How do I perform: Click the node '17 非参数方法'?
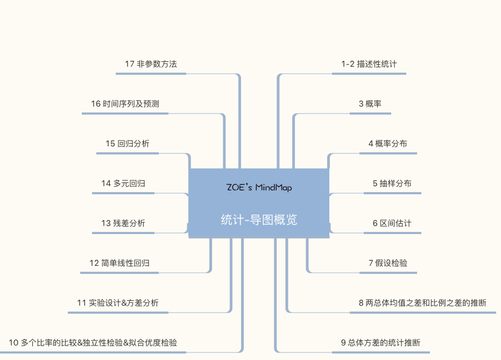tap(151, 64)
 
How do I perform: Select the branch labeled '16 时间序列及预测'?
tap(125, 104)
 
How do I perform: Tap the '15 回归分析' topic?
tap(128, 144)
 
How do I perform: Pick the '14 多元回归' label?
tap(123, 183)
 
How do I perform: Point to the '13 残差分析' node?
tap(123, 223)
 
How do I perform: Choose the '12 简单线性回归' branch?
tap(119, 263)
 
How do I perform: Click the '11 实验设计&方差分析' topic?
tap(118, 303)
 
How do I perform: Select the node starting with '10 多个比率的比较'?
tap(93, 343)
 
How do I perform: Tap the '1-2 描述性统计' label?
tap(369, 64)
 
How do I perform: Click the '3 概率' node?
tap(370, 104)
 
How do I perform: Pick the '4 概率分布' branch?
tap(387, 144)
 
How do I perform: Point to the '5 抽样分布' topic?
tap(392, 183)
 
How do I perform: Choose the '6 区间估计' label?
tap(392, 223)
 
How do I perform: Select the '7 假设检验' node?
tap(388, 263)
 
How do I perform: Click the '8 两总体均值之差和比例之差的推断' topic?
tap(422, 303)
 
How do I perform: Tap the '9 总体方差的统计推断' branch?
tap(380, 343)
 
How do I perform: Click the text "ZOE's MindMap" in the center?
tap(259, 188)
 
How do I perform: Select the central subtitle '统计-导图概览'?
tap(259, 220)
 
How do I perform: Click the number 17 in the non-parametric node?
tap(129, 64)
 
